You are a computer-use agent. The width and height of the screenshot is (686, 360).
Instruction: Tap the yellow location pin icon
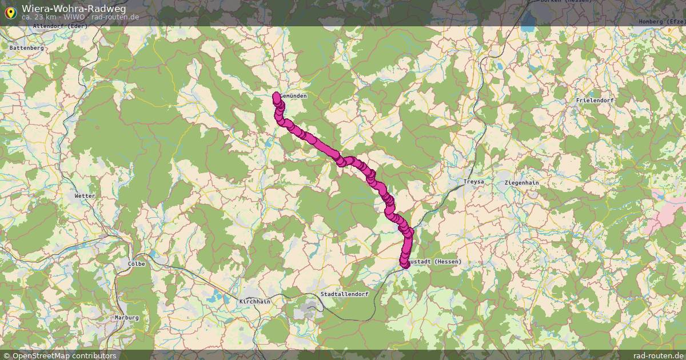pos(10,11)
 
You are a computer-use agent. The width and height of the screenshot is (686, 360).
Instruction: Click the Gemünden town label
pos(294,96)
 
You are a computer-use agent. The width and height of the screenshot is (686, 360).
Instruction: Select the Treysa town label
pos(473,182)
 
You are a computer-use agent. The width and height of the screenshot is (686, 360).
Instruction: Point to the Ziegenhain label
pos(521,182)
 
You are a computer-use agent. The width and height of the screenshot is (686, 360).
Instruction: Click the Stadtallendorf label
pos(344,294)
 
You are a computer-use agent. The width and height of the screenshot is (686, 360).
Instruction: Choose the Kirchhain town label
pos(254,301)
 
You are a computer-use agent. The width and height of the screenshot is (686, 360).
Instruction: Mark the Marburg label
pos(126,317)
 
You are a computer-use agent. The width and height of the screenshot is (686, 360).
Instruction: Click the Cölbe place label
pos(137,264)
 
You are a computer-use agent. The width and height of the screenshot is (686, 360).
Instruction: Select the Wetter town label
pos(85,196)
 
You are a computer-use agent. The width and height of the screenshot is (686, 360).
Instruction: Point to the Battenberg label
pos(26,48)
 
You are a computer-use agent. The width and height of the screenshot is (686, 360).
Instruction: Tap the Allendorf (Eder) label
pos(59,26)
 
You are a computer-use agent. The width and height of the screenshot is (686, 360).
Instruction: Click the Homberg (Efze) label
pos(661,21)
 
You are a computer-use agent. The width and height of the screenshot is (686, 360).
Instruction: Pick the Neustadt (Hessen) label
pos(437,261)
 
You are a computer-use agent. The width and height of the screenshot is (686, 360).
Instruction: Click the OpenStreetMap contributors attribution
pos(59,355)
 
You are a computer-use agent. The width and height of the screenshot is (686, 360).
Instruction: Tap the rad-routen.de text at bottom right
pos(659,355)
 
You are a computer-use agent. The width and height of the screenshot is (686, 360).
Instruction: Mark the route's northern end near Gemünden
pos(277,95)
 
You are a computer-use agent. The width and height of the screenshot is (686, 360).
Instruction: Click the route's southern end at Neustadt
pos(405,264)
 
